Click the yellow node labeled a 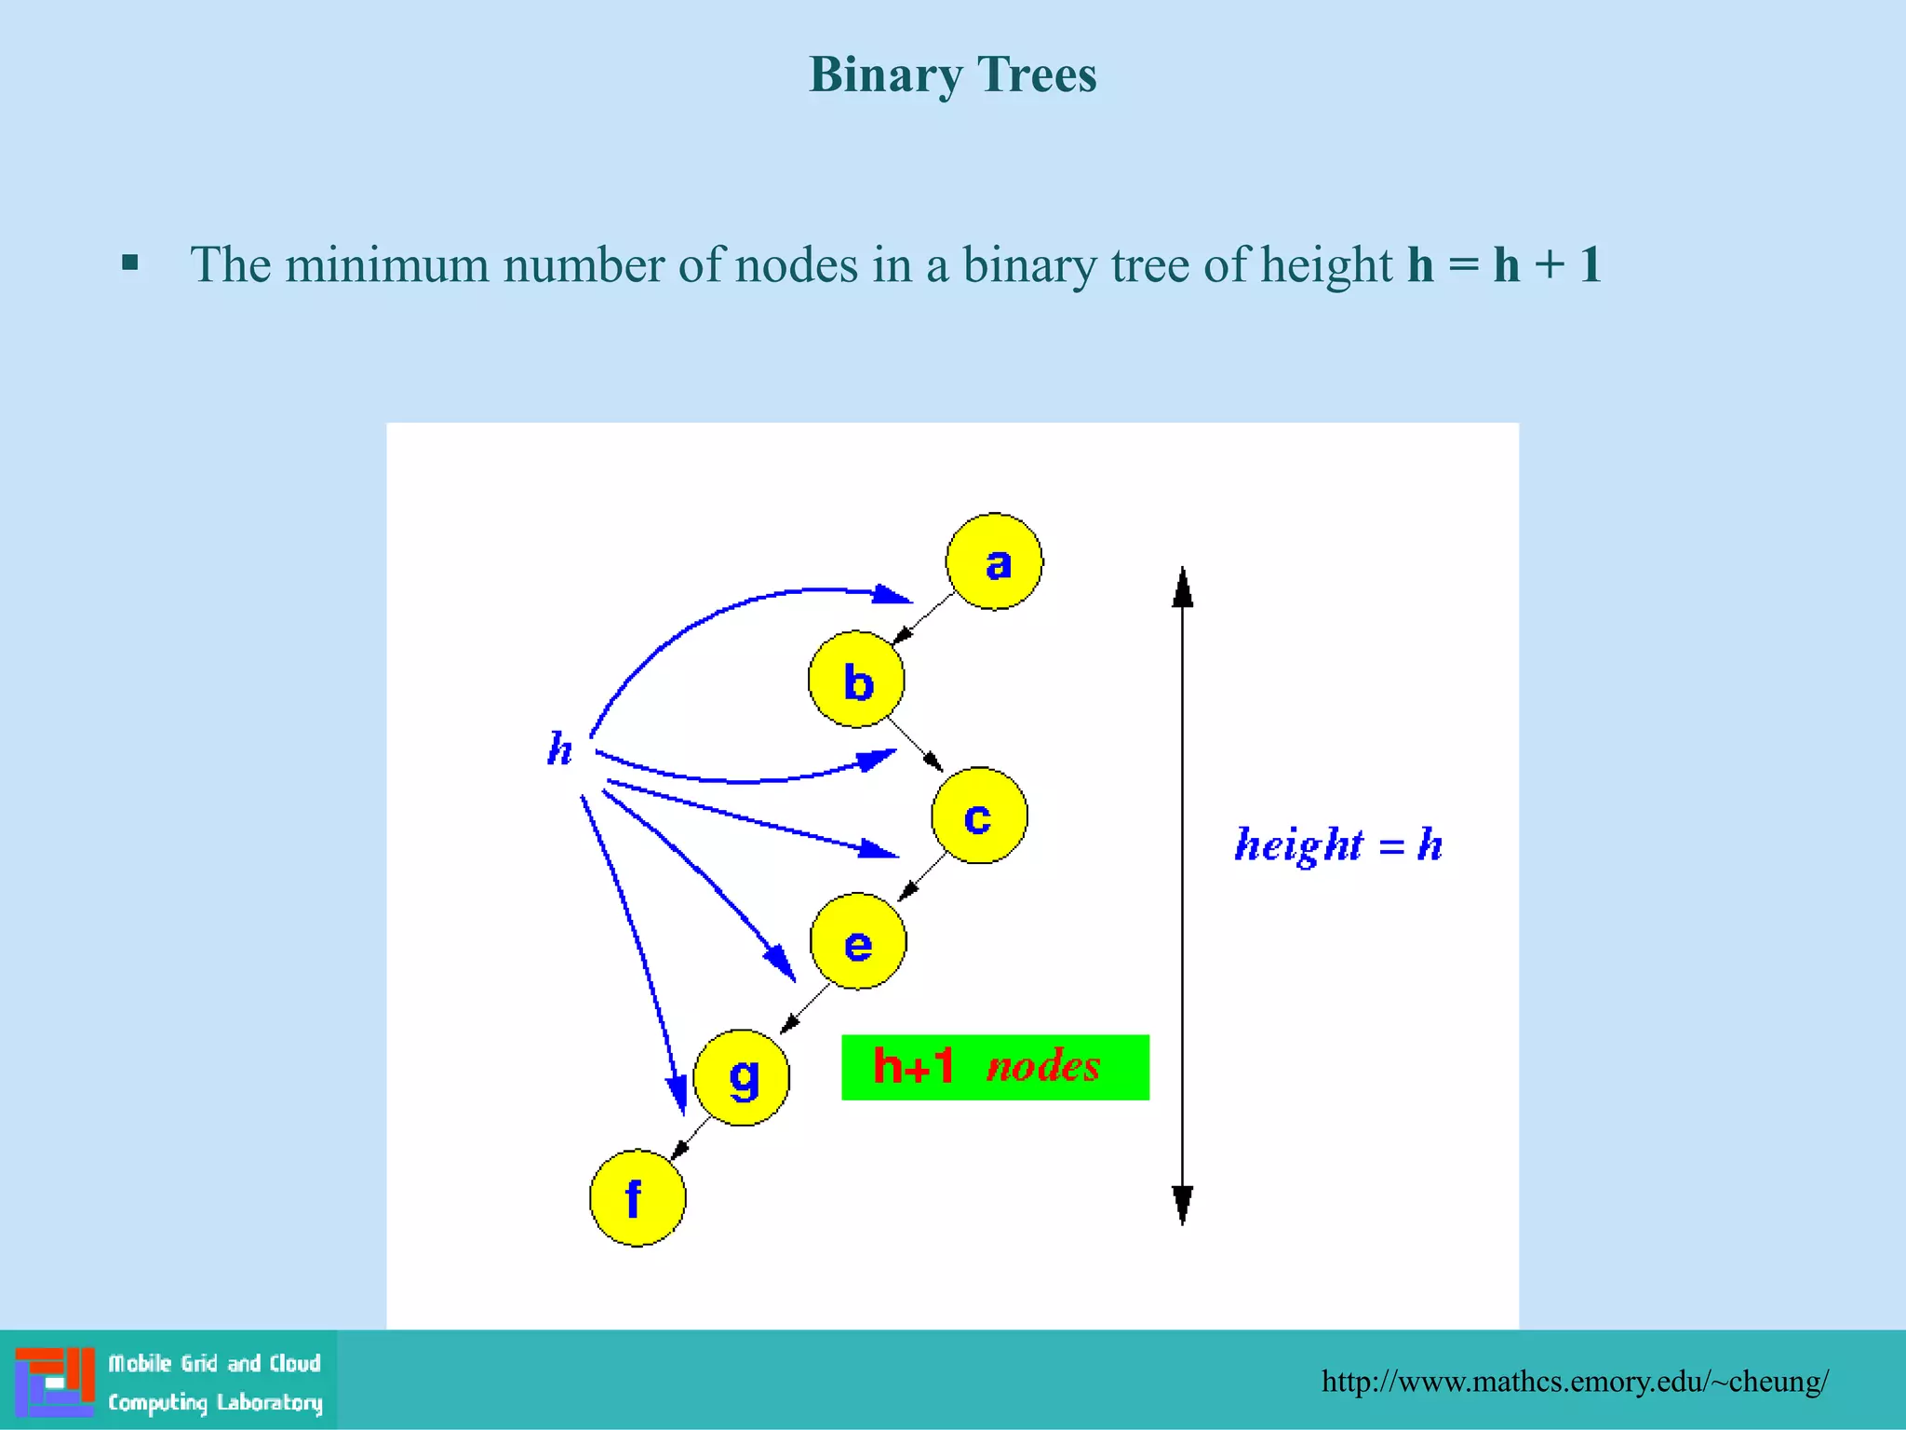tap(994, 561)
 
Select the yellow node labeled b tap(856, 680)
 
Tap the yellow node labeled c tap(979, 816)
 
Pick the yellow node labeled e tap(857, 941)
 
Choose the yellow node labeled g tap(742, 1077)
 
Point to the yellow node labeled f tap(638, 1198)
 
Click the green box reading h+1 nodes tap(995, 1067)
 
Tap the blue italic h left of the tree tap(559, 749)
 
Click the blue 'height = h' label tap(1337, 844)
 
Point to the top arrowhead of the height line tap(1182, 587)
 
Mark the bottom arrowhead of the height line tap(1182, 1205)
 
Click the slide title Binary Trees tap(952, 74)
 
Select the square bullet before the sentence tap(130, 263)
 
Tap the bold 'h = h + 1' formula tap(1503, 264)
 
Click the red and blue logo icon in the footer tap(55, 1382)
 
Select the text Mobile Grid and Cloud tap(214, 1364)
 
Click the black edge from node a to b tap(922, 619)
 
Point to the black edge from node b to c tap(915, 745)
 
